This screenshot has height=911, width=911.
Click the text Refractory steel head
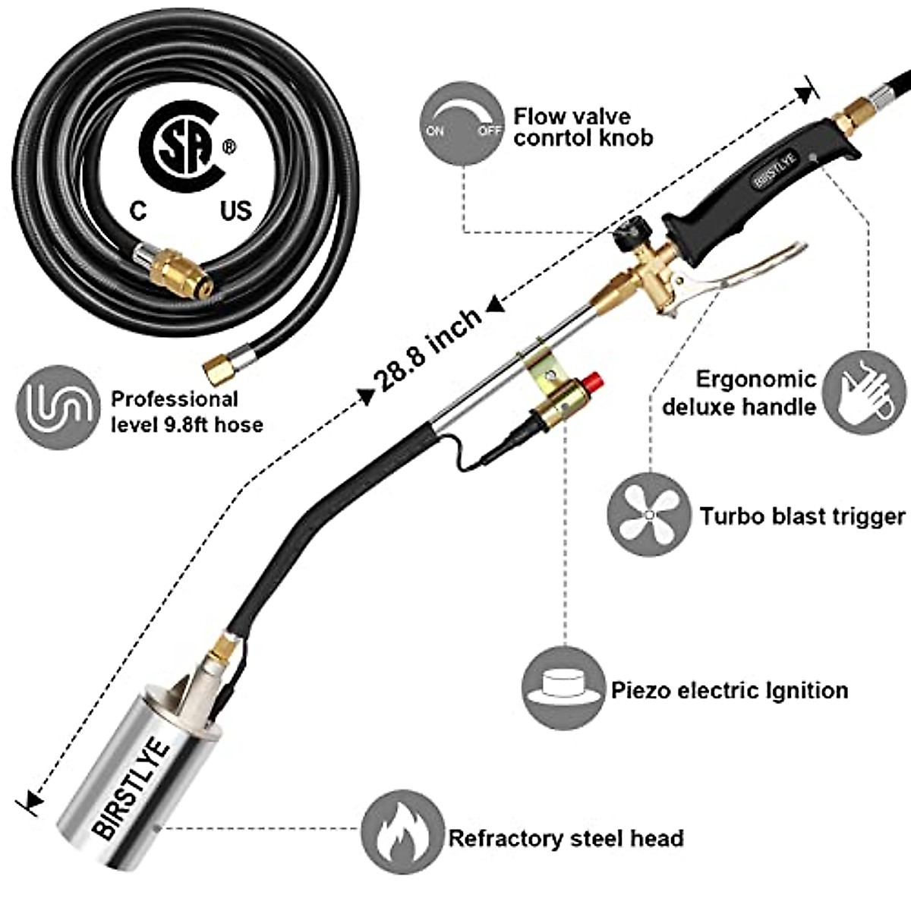[566, 838]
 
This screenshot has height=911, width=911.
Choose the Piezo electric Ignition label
[729, 690]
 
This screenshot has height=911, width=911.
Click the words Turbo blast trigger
[802, 516]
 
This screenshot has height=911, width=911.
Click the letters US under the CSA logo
[235, 210]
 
